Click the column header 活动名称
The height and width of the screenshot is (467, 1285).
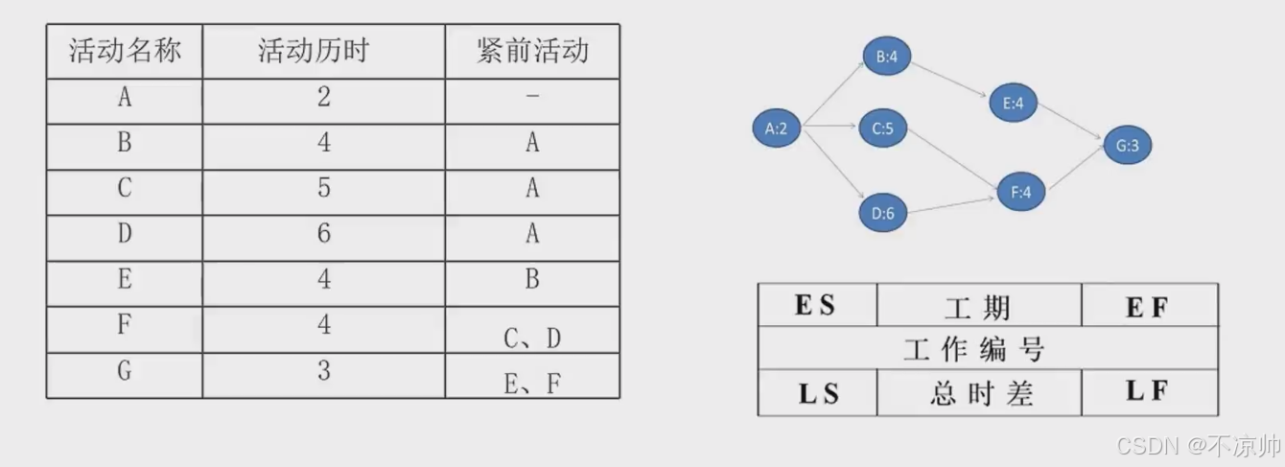click(x=125, y=51)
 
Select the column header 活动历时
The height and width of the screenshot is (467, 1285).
click(x=324, y=51)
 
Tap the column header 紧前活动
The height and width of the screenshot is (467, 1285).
click(x=532, y=51)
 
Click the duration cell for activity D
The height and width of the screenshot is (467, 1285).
click(x=324, y=234)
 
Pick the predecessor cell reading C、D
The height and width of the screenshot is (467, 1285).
click(x=532, y=337)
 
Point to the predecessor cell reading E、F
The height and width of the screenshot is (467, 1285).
click(x=532, y=383)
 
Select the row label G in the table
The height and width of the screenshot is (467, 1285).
click(x=125, y=371)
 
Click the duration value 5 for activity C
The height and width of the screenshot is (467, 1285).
click(x=324, y=188)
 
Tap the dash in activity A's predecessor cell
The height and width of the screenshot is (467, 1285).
click(x=532, y=97)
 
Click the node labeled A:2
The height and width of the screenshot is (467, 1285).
click(x=776, y=128)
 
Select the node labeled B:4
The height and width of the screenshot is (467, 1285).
click(x=886, y=56)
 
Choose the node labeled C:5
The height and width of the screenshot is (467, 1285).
click(x=883, y=128)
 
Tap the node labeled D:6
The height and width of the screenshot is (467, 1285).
click(x=883, y=213)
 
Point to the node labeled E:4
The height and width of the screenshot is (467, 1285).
click(x=1014, y=104)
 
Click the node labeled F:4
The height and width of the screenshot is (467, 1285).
click(x=1020, y=191)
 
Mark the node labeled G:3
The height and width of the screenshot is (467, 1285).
click(x=1127, y=146)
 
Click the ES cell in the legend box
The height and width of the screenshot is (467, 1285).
click(x=816, y=306)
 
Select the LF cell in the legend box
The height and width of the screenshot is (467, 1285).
click(x=1149, y=392)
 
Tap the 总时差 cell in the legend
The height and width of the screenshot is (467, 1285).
click(x=979, y=393)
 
